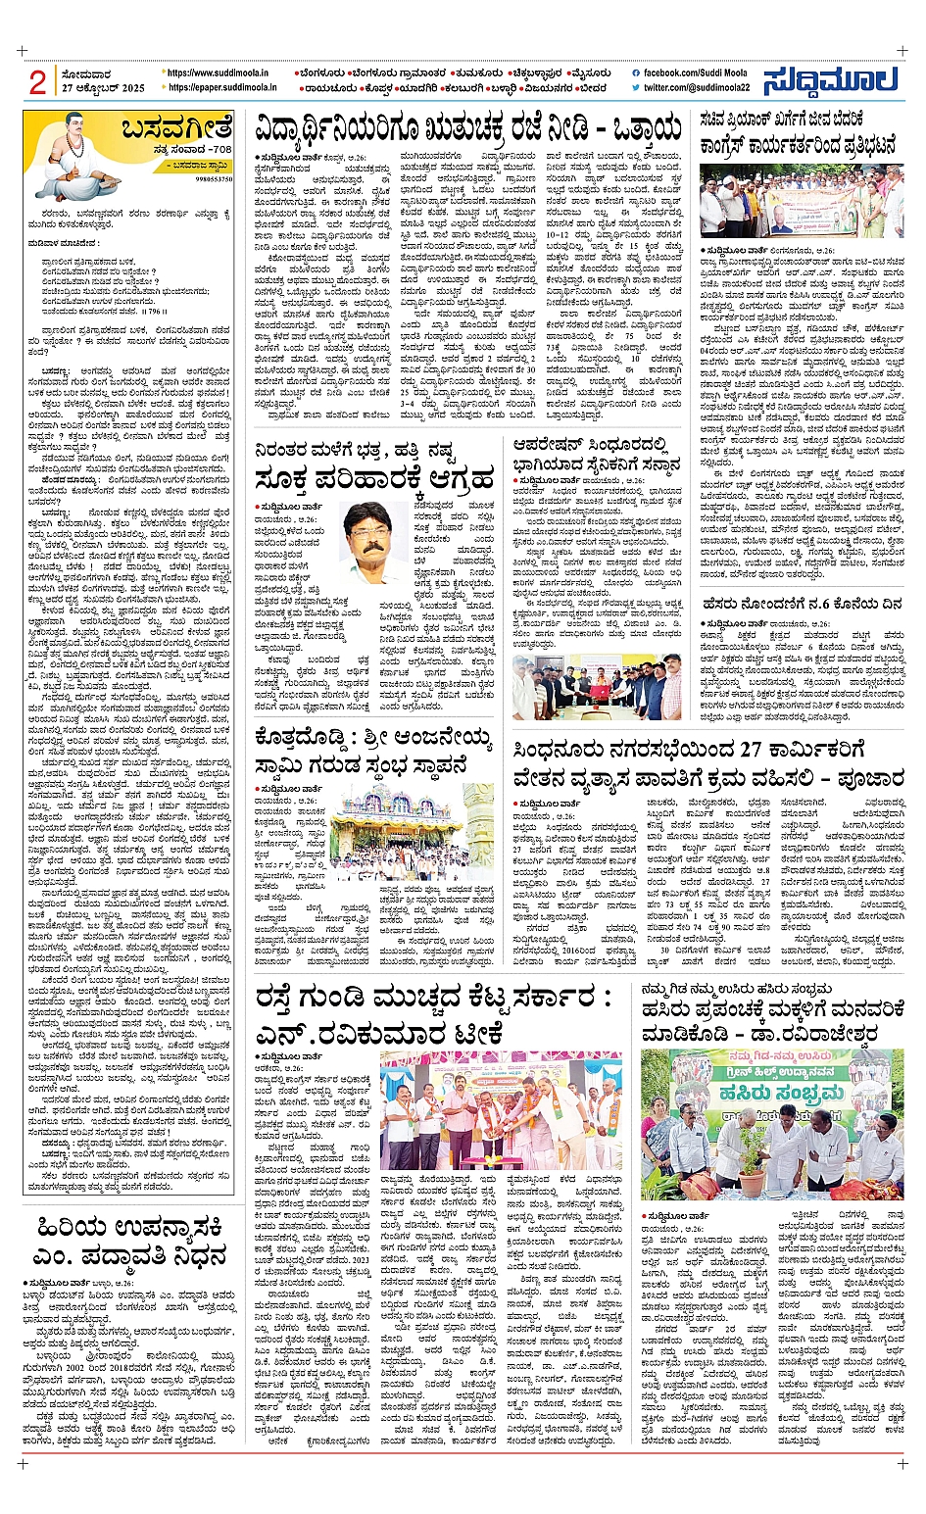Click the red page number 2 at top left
(37, 82)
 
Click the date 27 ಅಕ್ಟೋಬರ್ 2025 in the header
(103, 89)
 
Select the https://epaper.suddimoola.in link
(222, 87)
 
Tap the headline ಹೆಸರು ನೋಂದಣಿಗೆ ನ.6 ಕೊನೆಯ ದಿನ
(802, 605)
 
